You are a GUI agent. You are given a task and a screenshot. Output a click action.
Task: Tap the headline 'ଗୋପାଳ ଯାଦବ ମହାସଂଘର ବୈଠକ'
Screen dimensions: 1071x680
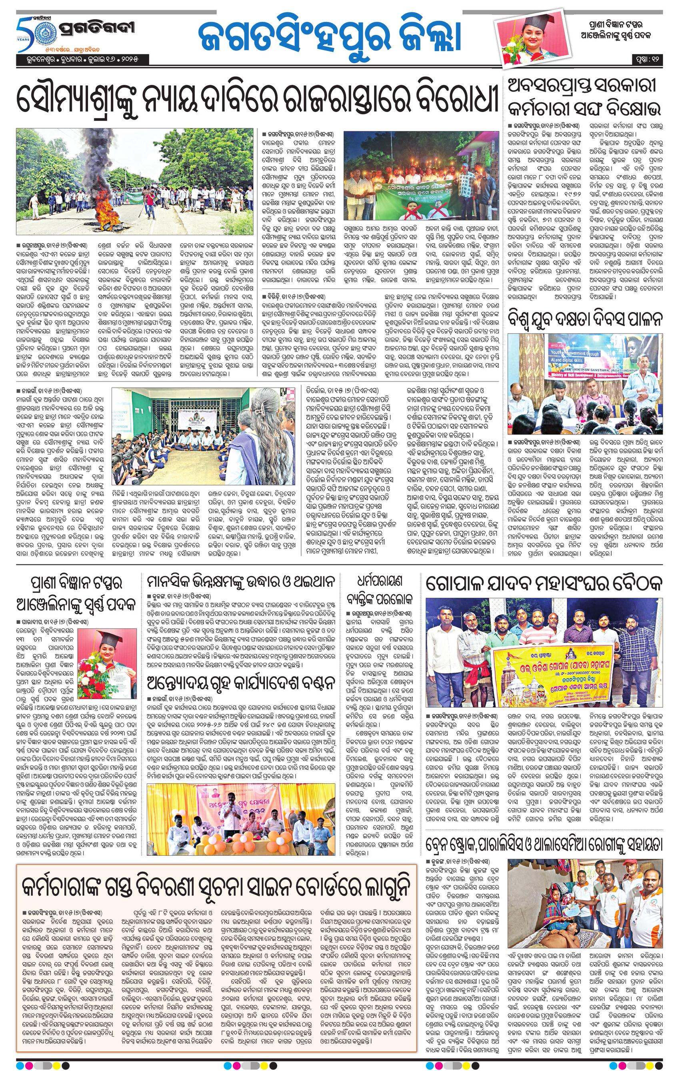pos(543,583)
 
